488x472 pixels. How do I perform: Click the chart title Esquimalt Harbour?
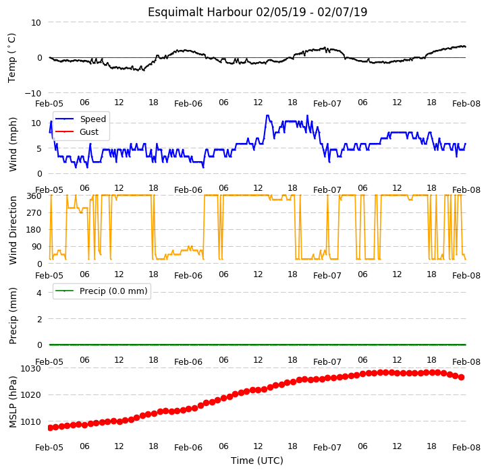click(x=200, y=12)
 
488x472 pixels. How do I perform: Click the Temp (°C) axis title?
click(x=12, y=58)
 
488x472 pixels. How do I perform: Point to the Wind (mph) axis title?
click(x=13, y=144)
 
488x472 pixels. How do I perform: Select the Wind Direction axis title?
click(x=13, y=230)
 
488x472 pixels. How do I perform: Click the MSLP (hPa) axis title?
click(x=13, y=402)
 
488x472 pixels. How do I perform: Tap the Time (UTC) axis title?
click(x=257, y=461)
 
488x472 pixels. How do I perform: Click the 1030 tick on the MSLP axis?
click(x=30, y=369)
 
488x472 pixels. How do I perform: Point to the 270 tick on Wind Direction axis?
click(x=34, y=213)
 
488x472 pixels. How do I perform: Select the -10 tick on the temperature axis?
click(x=32, y=93)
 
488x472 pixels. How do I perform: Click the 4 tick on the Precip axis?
click(x=39, y=293)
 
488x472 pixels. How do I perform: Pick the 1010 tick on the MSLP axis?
click(x=30, y=422)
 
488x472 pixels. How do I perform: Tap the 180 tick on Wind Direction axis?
click(x=34, y=230)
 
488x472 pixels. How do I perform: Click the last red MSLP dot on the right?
click(x=461, y=377)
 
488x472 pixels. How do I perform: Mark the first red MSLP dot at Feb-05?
click(x=51, y=428)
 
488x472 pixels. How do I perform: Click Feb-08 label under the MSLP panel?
click(x=466, y=448)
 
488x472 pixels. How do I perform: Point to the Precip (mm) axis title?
click(x=13, y=316)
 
